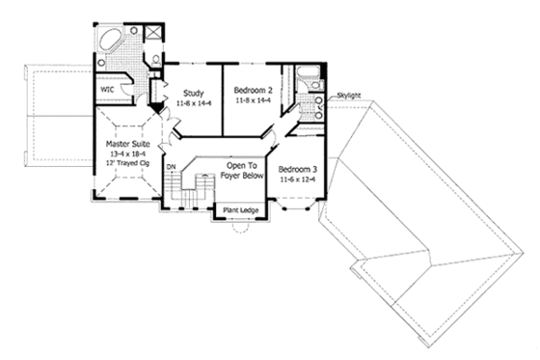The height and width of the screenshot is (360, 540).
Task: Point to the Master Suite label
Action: coord(125,145)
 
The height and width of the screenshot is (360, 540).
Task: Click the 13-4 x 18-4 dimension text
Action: coord(125,154)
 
